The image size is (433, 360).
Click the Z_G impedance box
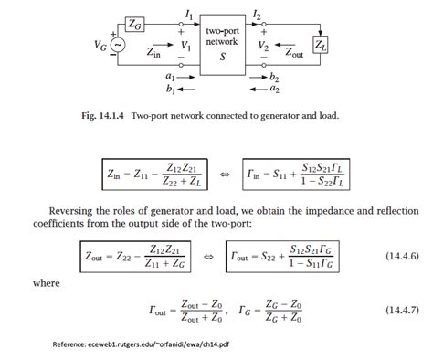(134, 21)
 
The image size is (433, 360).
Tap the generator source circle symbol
(117, 44)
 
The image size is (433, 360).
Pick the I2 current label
(258, 16)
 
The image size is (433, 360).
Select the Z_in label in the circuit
(156, 54)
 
